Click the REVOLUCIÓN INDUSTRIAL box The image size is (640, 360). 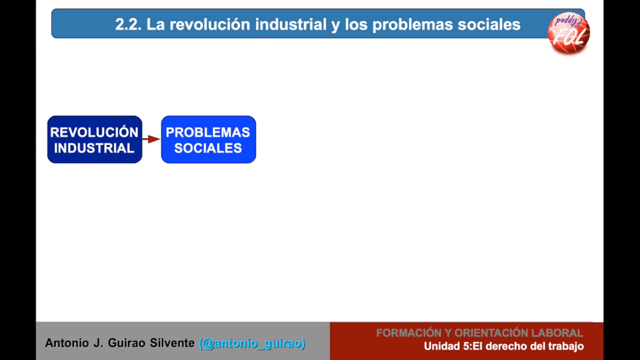94,140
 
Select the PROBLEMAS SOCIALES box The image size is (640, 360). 208,140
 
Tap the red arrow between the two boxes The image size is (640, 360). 152,139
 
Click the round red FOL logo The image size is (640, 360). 568,32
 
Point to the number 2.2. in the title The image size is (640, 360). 128,24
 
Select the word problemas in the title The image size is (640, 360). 412,25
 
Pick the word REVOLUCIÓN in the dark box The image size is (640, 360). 94,132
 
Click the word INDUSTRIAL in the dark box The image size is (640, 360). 94,148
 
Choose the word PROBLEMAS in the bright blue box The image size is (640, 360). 208,132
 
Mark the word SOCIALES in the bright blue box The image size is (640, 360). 208,148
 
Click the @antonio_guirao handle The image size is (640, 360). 252,343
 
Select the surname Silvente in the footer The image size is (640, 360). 172,343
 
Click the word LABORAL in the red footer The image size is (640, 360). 557,333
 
